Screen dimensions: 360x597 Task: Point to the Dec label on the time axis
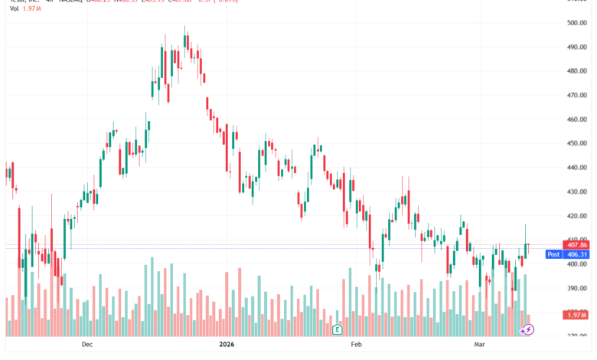(86, 345)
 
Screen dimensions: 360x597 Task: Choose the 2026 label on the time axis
(227, 345)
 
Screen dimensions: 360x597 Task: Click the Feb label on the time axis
(355, 345)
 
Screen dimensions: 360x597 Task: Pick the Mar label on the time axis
(480, 345)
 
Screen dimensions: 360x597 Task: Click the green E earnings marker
(337, 329)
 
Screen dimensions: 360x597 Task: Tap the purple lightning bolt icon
(527, 329)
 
